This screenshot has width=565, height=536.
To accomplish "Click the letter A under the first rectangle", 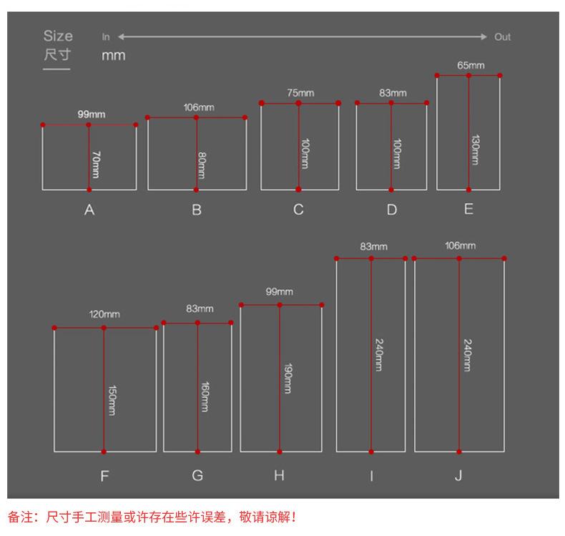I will click(x=89, y=210).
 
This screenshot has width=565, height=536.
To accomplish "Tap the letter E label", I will click(x=468, y=209).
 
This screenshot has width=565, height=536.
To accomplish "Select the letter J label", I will click(x=458, y=475).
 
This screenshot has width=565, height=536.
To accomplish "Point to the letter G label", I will click(x=197, y=475).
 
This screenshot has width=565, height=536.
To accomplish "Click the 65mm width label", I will click(x=470, y=66).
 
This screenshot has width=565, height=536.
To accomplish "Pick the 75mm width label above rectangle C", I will click(x=300, y=93).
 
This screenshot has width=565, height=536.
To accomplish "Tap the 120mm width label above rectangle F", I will click(x=104, y=314).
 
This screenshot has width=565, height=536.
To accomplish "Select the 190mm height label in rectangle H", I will click(x=287, y=379).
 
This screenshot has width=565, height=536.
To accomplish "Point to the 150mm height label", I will click(x=112, y=401).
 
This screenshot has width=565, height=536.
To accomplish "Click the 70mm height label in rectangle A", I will click(x=96, y=165).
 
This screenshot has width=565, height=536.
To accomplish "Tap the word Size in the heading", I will click(x=58, y=36).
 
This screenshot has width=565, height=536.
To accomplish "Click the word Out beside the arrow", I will click(x=502, y=36).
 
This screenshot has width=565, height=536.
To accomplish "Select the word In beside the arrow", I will click(x=106, y=36).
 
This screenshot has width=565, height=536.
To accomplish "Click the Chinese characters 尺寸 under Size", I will click(x=57, y=55).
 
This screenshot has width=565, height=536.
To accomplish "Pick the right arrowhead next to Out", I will click(x=486, y=36).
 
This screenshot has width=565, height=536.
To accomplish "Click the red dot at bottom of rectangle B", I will click(x=197, y=190).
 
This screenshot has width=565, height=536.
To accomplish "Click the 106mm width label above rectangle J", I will click(x=460, y=245).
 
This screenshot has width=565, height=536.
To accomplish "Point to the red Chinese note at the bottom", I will click(x=152, y=517).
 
